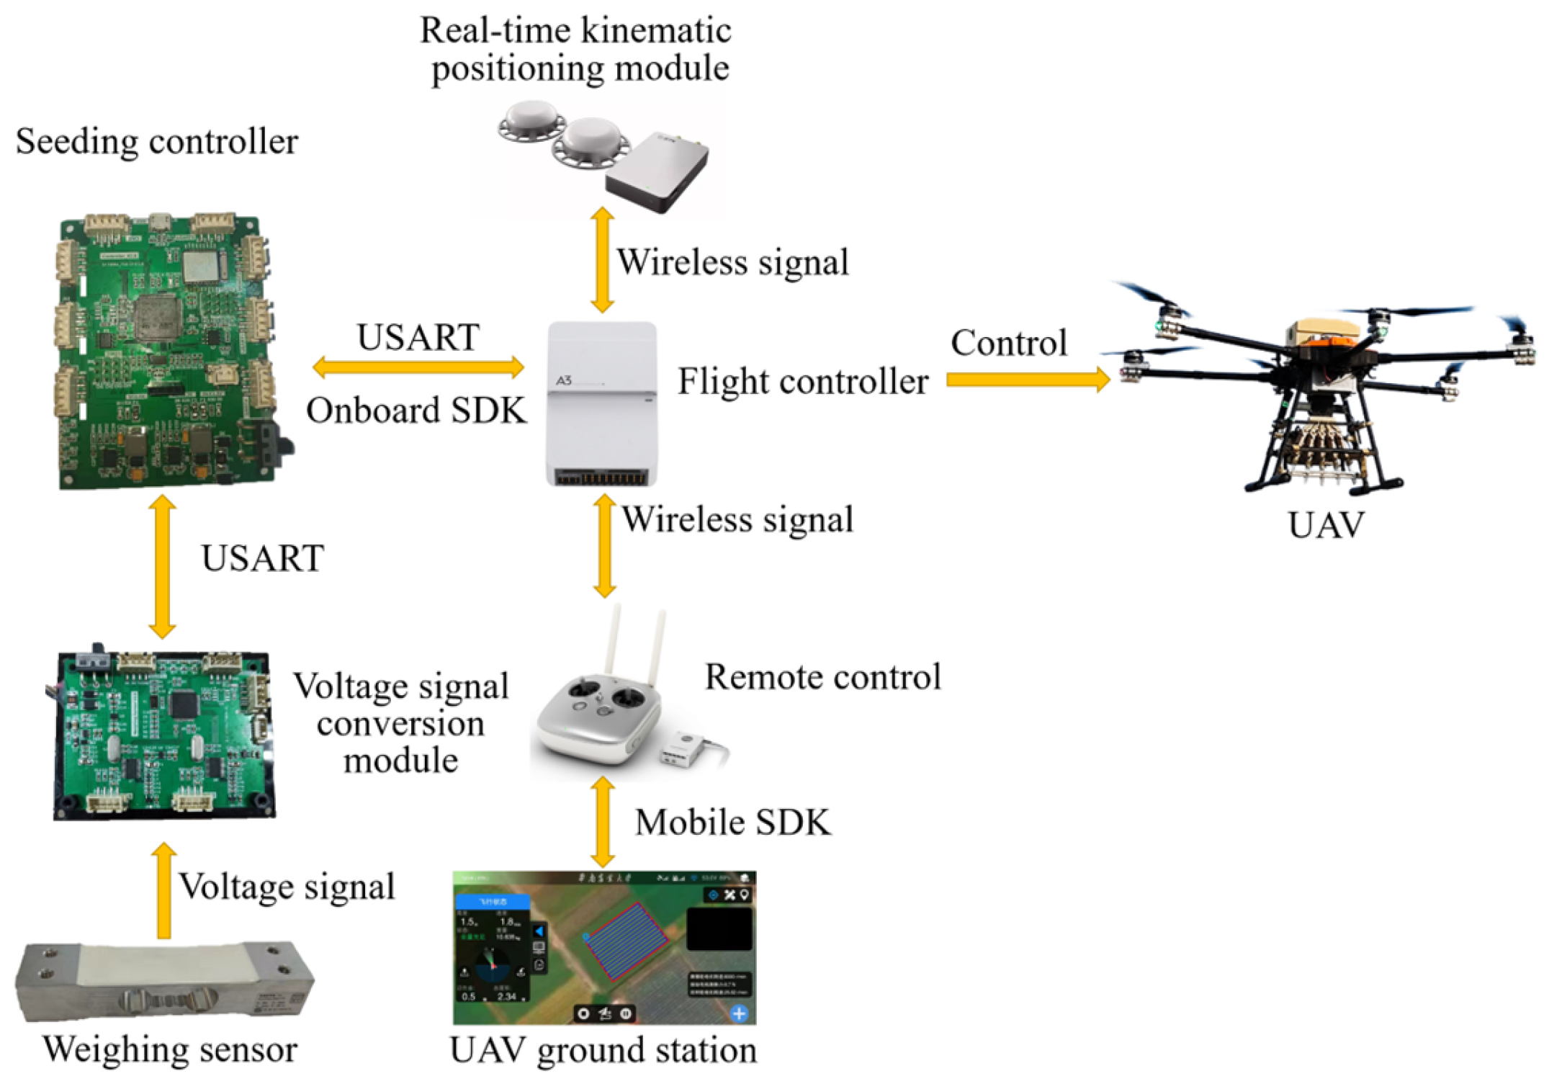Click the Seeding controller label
tap(156, 141)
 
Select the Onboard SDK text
tap(416, 411)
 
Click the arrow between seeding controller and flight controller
tap(418, 367)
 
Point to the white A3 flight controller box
tap(602, 403)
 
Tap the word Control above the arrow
tap(1008, 343)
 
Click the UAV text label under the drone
tap(1325, 525)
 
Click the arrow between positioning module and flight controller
tap(602, 260)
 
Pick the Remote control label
tap(822, 677)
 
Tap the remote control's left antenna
tap(614, 641)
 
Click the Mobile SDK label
tap(732, 823)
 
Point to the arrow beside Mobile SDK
tap(603, 822)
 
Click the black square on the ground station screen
tap(719, 929)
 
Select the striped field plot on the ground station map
tap(625, 940)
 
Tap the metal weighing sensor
tap(164, 981)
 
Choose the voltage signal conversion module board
tap(164, 735)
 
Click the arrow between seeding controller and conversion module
tap(163, 567)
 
